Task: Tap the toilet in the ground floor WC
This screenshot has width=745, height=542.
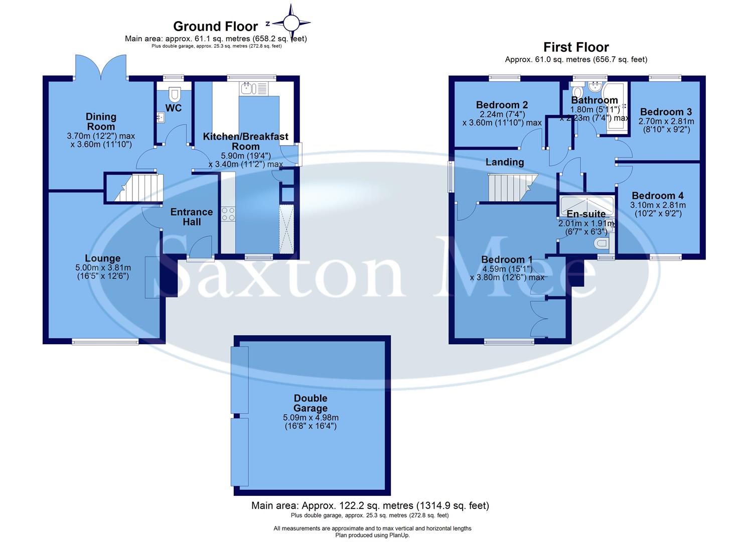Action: [174, 94]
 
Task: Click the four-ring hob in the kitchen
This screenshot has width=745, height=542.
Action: [228, 214]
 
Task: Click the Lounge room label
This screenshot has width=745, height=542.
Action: [102, 258]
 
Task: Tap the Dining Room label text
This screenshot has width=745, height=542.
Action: [101, 121]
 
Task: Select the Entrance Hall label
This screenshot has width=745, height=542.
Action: [192, 217]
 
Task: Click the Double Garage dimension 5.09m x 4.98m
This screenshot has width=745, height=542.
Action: [311, 417]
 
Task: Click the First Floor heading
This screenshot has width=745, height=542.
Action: [576, 47]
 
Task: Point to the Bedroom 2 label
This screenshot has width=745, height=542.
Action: [502, 105]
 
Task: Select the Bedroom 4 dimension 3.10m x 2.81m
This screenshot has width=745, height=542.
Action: [658, 205]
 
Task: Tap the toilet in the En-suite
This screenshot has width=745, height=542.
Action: [600, 244]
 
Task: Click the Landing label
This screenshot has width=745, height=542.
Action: [505, 162]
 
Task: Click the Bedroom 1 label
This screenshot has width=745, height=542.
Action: [507, 259]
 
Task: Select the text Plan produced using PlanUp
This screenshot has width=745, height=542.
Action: [372, 535]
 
